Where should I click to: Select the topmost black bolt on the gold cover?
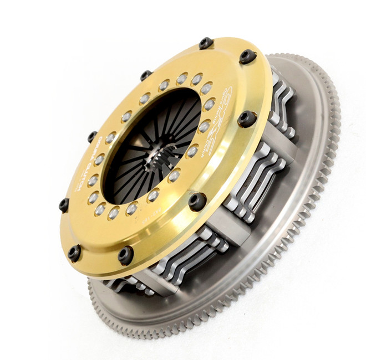206,43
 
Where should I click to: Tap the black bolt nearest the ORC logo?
247,119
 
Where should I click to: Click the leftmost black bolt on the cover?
64,204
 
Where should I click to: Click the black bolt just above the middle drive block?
197,201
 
